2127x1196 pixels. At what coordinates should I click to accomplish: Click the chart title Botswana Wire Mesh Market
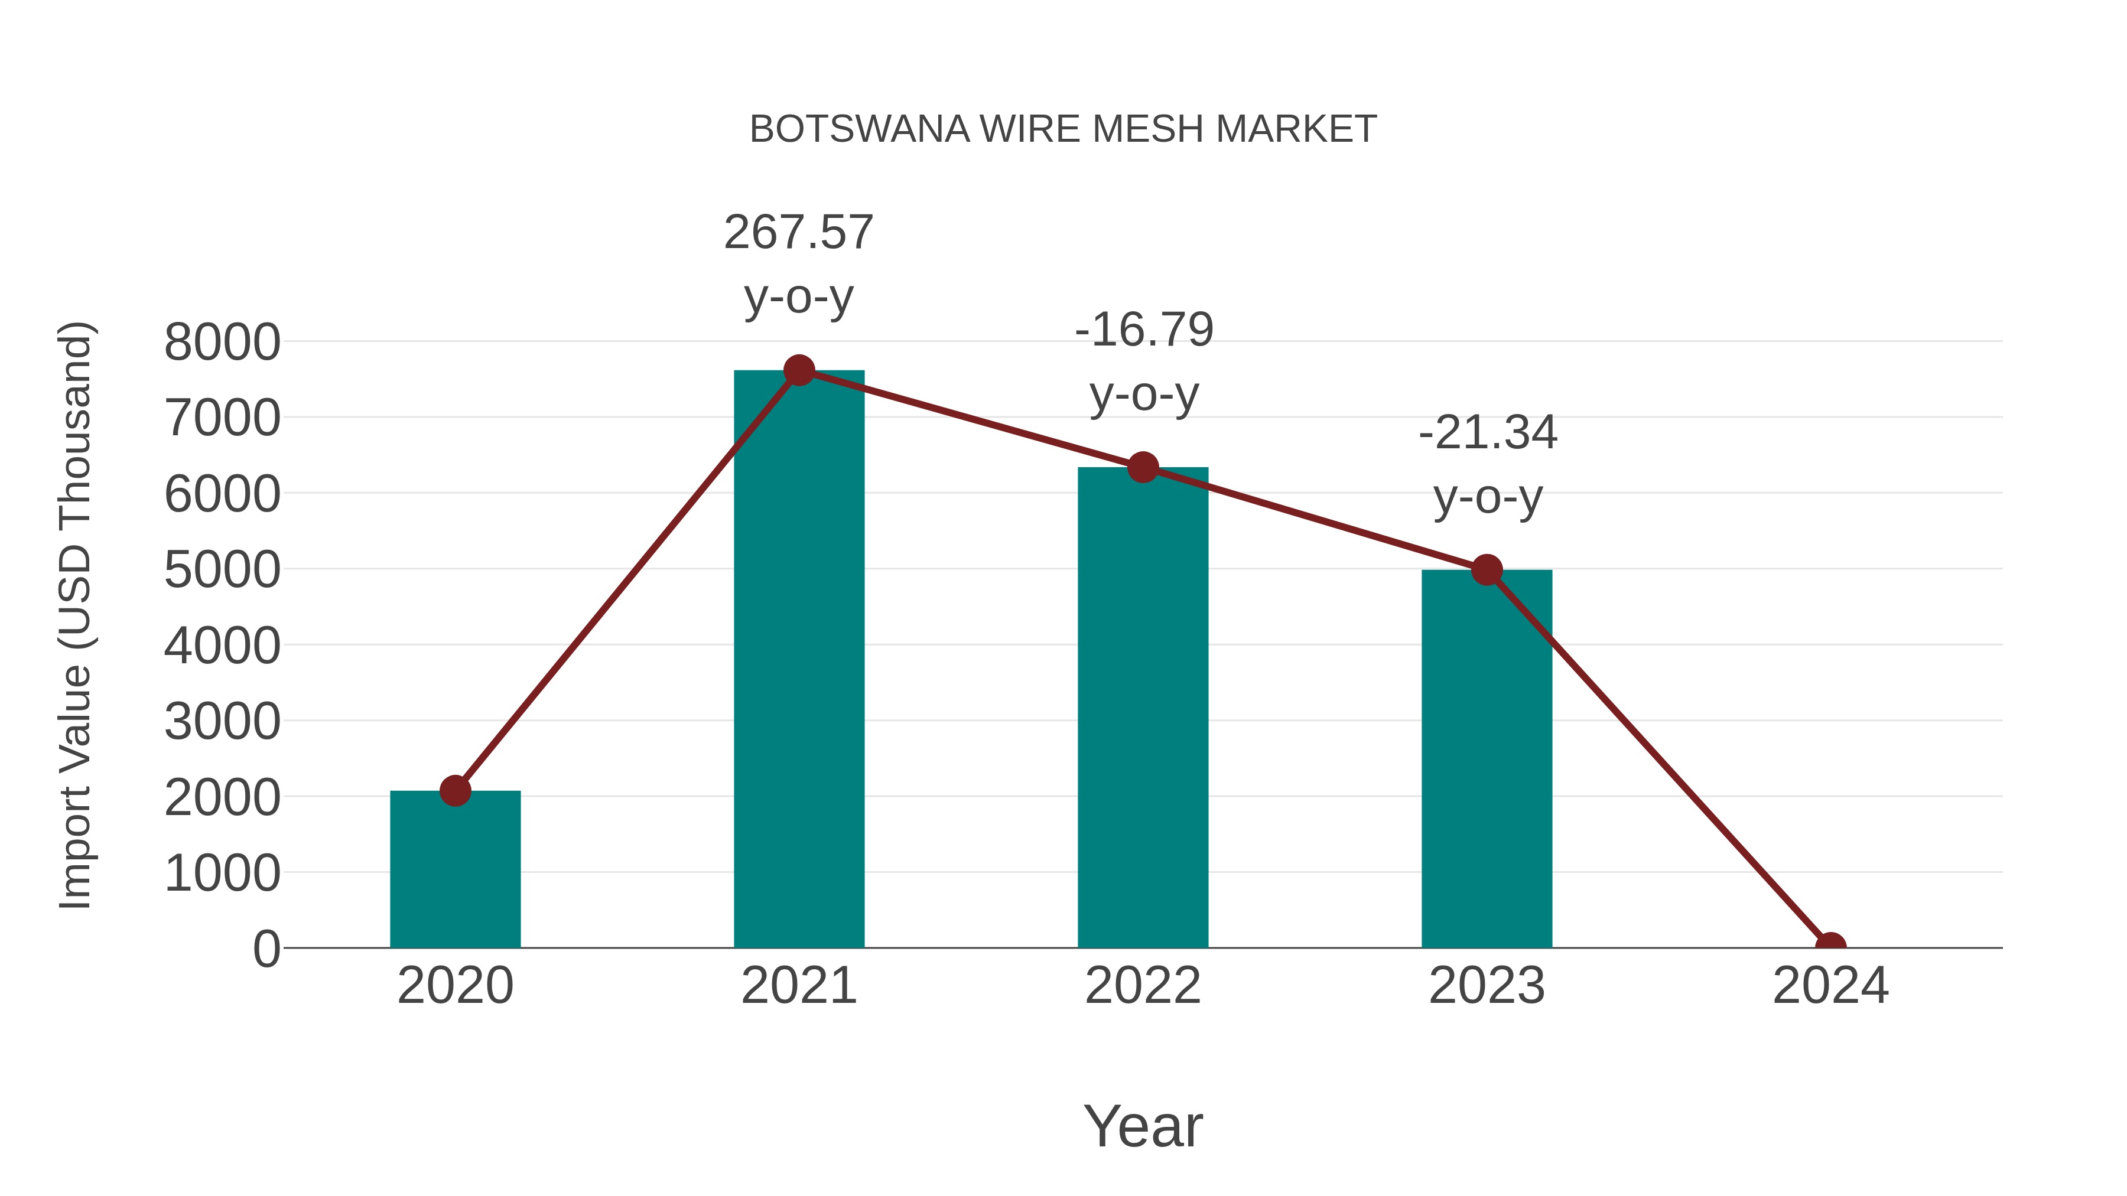(1063, 129)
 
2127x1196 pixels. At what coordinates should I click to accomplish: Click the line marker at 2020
(455, 791)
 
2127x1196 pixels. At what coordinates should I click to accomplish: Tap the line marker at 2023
(1487, 569)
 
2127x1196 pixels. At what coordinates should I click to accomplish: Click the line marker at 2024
(1830, 946)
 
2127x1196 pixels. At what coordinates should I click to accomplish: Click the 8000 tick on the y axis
(222, 342)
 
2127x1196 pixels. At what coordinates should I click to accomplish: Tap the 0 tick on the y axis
(266, 949)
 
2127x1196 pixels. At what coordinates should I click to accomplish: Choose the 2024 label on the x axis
(1830, 986)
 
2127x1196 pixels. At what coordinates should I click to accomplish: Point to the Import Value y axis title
(76, 615)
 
